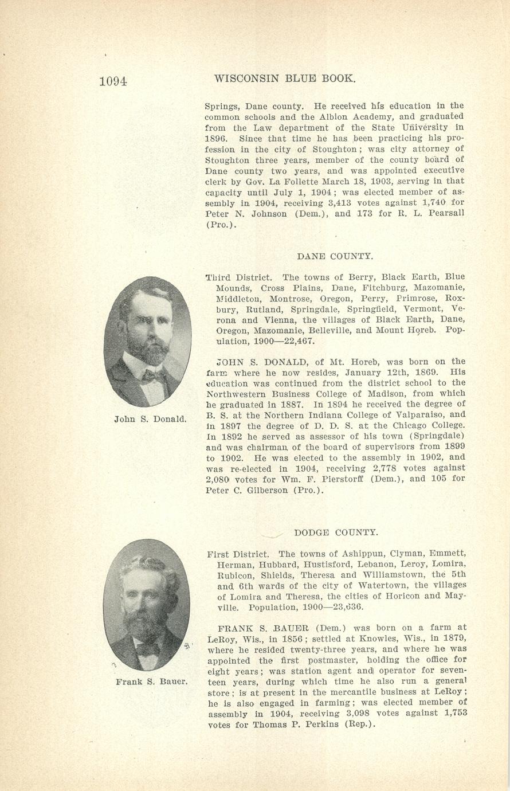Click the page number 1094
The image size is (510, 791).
tap(113, 81)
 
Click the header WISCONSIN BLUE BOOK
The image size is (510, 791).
tap(285, 79)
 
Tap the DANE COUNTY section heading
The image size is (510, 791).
tap(335, 256)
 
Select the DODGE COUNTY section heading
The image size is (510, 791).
tap(336, 532)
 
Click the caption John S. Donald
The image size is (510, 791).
tap(151, 419)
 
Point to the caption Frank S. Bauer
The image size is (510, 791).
tap(151, 682)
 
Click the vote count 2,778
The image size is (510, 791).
tap(373, 468)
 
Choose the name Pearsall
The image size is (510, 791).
tap(443, 214)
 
